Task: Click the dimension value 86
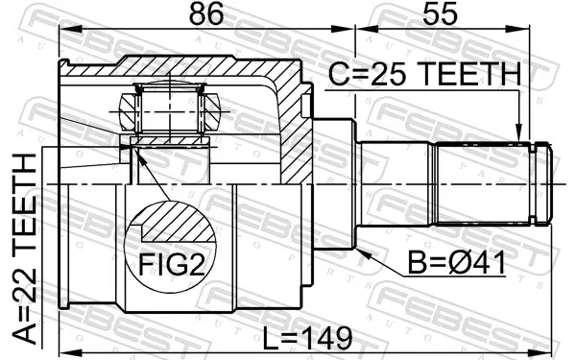click(205, 14)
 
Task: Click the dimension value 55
click(440, 14)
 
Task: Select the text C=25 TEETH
click(424, 74)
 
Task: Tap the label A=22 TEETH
click(25, 251)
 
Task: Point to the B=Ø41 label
click(457, 263)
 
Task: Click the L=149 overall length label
click(308, 339)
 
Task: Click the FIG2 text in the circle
click(172, 265)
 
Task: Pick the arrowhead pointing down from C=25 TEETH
click(518, 133)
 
